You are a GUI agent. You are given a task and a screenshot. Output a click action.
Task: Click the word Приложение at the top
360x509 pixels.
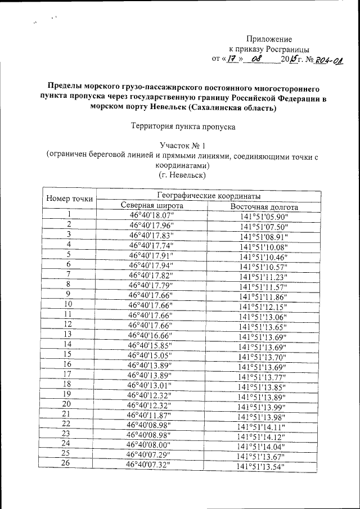(270, 39)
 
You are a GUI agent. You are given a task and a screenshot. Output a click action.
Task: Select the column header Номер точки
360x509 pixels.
(70, 199)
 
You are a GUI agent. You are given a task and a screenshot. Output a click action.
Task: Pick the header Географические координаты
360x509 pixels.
(209, 196)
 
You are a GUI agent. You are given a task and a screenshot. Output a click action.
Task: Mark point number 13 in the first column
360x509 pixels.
(68, 334)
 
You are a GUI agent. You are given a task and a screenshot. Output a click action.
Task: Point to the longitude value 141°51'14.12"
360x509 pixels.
(262, 436)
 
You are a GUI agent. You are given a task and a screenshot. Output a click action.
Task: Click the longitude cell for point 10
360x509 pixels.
(263, 307)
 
